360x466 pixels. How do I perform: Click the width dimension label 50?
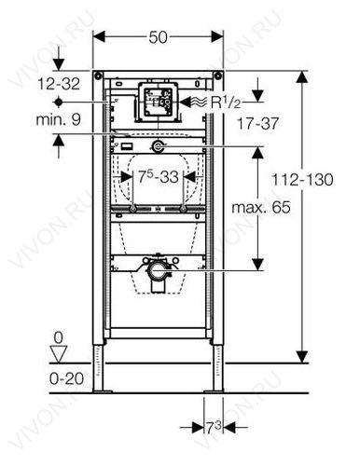tap(158, 37)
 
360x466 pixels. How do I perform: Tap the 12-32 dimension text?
tap(59, 84)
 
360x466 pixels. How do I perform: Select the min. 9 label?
tap(58, 119)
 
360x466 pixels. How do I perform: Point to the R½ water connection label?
tap(226, 103)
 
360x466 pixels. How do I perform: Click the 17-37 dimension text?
tap(257, 124)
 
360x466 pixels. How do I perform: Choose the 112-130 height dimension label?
tap(302, 180)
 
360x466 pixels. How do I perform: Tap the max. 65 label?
tap(261, 207)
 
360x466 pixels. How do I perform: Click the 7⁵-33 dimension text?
tap(159, 177)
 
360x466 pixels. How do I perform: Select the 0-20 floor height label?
tap(66, 378)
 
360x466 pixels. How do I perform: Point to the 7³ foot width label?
tap(214, 429)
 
